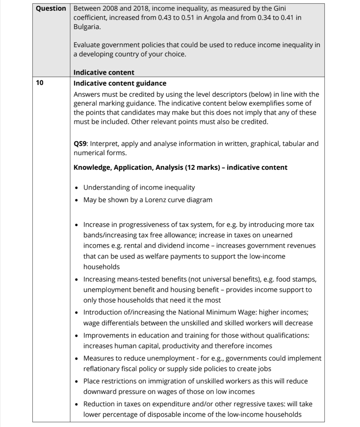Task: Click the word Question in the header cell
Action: (x=51, y=9)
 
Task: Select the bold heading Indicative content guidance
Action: (x=120, y=83)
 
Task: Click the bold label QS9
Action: (x=80, y=144)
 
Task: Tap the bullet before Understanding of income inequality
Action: (x=77, y=188)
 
